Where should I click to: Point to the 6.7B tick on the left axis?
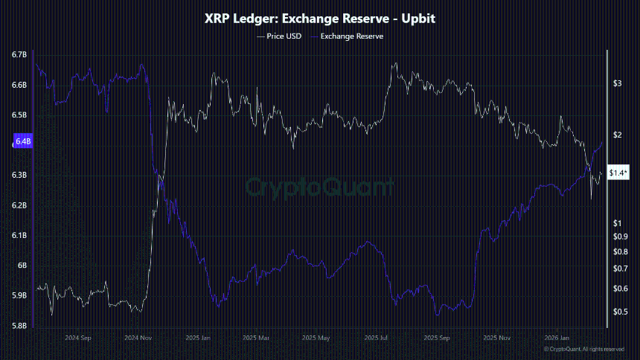pos(19,55)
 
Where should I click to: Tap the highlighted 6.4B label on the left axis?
pos(22,141)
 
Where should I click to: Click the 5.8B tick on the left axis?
pos(19,326)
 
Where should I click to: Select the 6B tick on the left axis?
pos(22,266)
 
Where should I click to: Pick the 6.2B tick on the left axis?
pos(19,205)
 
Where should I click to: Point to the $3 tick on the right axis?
pos(617,84)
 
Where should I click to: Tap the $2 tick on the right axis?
pos(617,135)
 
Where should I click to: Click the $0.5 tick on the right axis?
pos(619,312)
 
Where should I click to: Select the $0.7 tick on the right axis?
pos(619,268)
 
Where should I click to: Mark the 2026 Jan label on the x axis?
pos(555,337)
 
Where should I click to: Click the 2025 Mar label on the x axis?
pos(257,337)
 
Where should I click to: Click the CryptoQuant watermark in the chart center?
pos(320,186)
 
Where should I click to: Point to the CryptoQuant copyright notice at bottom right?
pos(583,349)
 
